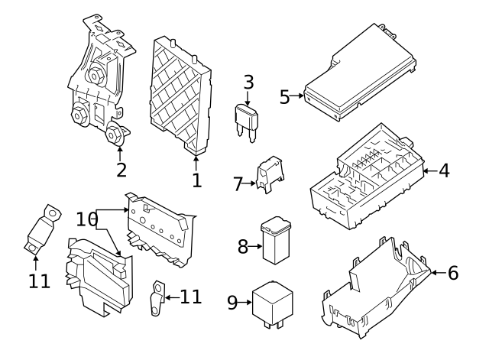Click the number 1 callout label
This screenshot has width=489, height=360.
click(x=196, y=180)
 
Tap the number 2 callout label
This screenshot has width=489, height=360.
click(x=121, y=168)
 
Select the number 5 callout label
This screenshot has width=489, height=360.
click(x=284, y=97)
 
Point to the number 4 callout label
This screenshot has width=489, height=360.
click(x=443, y=170)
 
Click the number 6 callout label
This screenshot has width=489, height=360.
click(x=452, y=272)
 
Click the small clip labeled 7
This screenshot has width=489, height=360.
click(x=267, y=174)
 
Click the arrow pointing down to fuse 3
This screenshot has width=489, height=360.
click(x=248, y=98)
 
